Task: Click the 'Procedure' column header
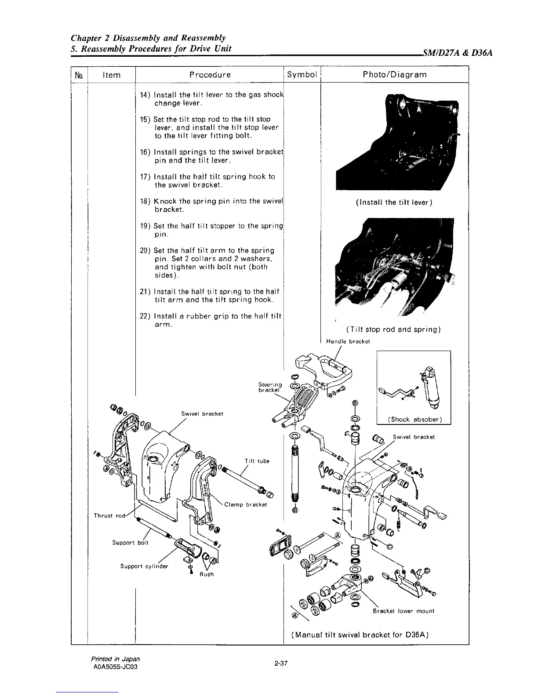coord(210,75)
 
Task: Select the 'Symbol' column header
coord(302,75)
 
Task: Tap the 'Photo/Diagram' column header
coord(394,75)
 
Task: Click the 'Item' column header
coord(111,75)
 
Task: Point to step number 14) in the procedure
coord(145,95)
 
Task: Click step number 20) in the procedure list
coord(145,250)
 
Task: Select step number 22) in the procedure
coord(145,317)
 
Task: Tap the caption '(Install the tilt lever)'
coord(394,203)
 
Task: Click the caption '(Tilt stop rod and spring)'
coord(393,330)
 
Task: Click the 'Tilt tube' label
coord(257,461)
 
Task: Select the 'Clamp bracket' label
coord(246,504)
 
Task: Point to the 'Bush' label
coord(207,574)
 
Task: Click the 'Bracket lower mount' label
coord(403,611)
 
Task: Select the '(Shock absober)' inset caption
coord(414,419)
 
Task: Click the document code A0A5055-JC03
coord(117,666)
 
